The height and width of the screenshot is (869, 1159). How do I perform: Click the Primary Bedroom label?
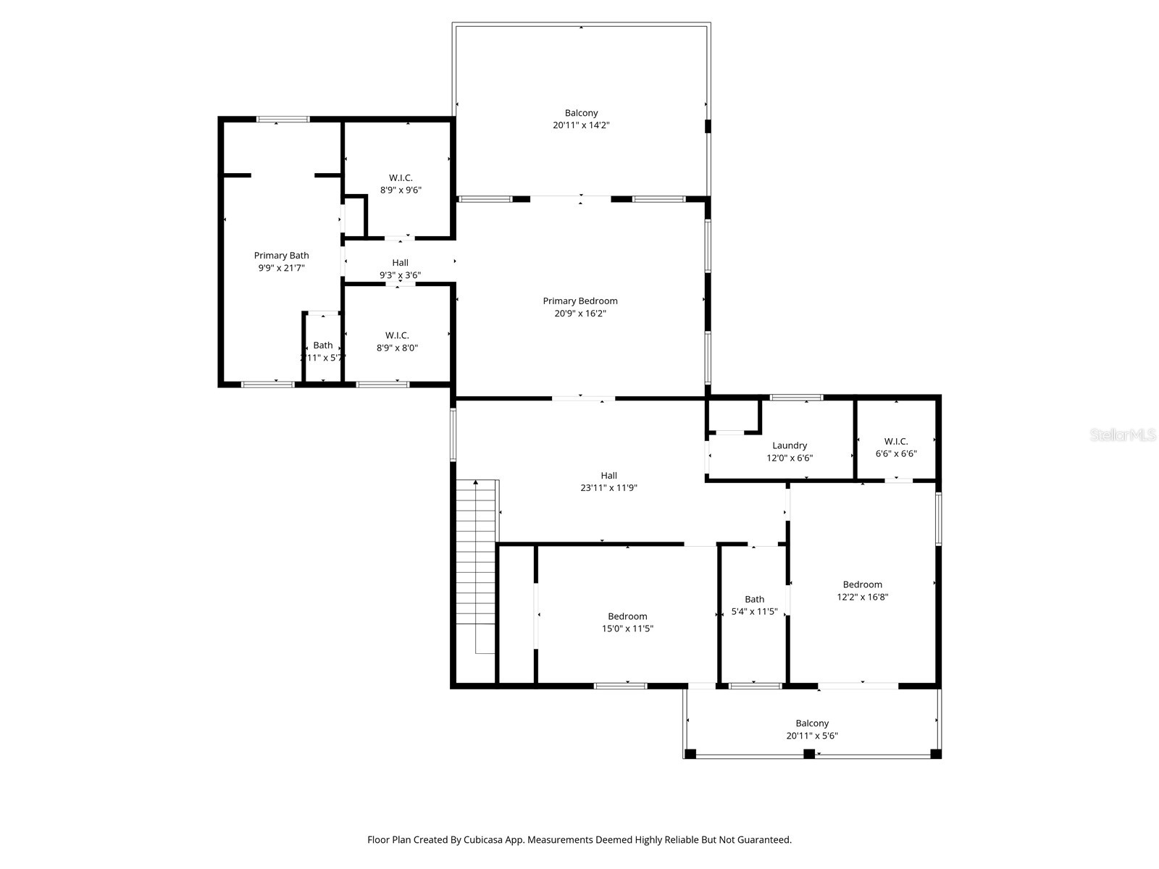[580, 301]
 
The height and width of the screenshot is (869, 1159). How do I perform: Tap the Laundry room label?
[790, 445]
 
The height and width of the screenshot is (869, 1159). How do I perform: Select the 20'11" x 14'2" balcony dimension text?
[581, 125]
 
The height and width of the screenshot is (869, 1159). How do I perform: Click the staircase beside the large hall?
[476, 565]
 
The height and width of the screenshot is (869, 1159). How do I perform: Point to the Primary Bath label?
[281, 256]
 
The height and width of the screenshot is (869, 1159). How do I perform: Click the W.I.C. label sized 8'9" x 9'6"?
[401, 178]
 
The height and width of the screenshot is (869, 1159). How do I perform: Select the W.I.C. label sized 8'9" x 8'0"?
[397, 335]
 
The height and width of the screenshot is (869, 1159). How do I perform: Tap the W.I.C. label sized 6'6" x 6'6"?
[896, 441]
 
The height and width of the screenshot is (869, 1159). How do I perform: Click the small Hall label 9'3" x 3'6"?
[400, 263]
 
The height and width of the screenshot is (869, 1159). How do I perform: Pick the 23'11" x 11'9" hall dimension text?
[608, 488]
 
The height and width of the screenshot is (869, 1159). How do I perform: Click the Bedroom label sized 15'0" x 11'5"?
[627, 616]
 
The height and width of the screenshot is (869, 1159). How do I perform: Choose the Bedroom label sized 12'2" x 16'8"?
[862, 584]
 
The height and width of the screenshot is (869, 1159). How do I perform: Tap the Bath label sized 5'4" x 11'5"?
[754, 599]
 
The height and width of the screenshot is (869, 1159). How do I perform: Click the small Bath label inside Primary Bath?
[323, 345]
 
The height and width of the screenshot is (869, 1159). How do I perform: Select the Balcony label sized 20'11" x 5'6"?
[812, 723]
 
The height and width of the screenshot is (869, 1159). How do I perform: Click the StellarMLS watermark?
[1123, 435]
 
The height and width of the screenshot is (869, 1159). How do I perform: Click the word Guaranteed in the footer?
[765, 840]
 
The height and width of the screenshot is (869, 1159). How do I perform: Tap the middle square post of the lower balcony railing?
[809, 754]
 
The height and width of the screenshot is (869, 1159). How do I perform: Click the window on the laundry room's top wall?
[796, 397]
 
